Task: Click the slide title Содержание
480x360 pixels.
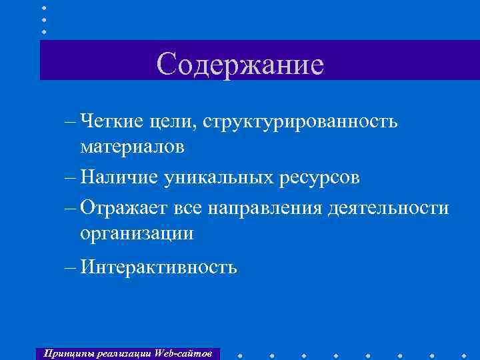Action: point(240,64)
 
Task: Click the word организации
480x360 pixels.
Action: point(137,233)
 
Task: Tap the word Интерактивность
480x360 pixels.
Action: point(157,267)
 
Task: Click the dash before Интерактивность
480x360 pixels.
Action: point(71,268)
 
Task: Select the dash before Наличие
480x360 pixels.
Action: point(71,178)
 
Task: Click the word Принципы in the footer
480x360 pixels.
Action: point(65,353)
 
